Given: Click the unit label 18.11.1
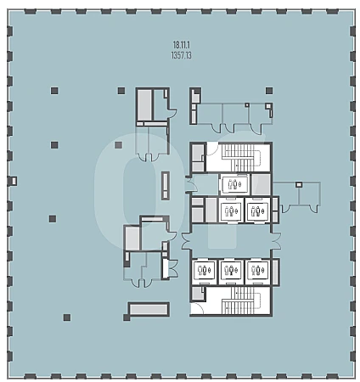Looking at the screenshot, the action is click(182, 45).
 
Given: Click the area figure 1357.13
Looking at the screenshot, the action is click(182, 55).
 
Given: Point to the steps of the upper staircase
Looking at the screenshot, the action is click(241, 157).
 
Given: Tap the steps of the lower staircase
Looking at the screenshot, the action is click(241, 301).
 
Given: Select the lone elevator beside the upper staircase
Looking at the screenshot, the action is click(234, 184).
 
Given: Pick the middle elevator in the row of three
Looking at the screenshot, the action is click(231, 270).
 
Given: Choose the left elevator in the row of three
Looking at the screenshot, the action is click(204, 270).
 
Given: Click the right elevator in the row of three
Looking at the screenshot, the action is click(257, 270).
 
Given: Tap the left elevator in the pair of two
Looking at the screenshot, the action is click(231, 211).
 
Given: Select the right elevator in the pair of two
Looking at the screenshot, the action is click(257, 211).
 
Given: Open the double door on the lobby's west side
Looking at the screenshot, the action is click(187, 241).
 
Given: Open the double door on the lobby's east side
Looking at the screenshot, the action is click(276, 241).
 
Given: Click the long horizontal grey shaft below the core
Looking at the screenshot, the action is click(149, 309).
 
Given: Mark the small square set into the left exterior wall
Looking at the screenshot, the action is click(14, 181).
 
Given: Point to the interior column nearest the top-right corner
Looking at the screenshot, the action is click(269, 91).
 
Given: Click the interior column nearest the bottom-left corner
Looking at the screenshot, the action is click(67, 317).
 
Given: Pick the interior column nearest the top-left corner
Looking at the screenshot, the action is click(54, 91).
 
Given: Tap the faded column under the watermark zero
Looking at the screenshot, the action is click(118, 145).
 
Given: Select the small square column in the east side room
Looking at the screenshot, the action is click(299, 185).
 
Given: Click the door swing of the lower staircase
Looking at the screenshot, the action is click(198, 308).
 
